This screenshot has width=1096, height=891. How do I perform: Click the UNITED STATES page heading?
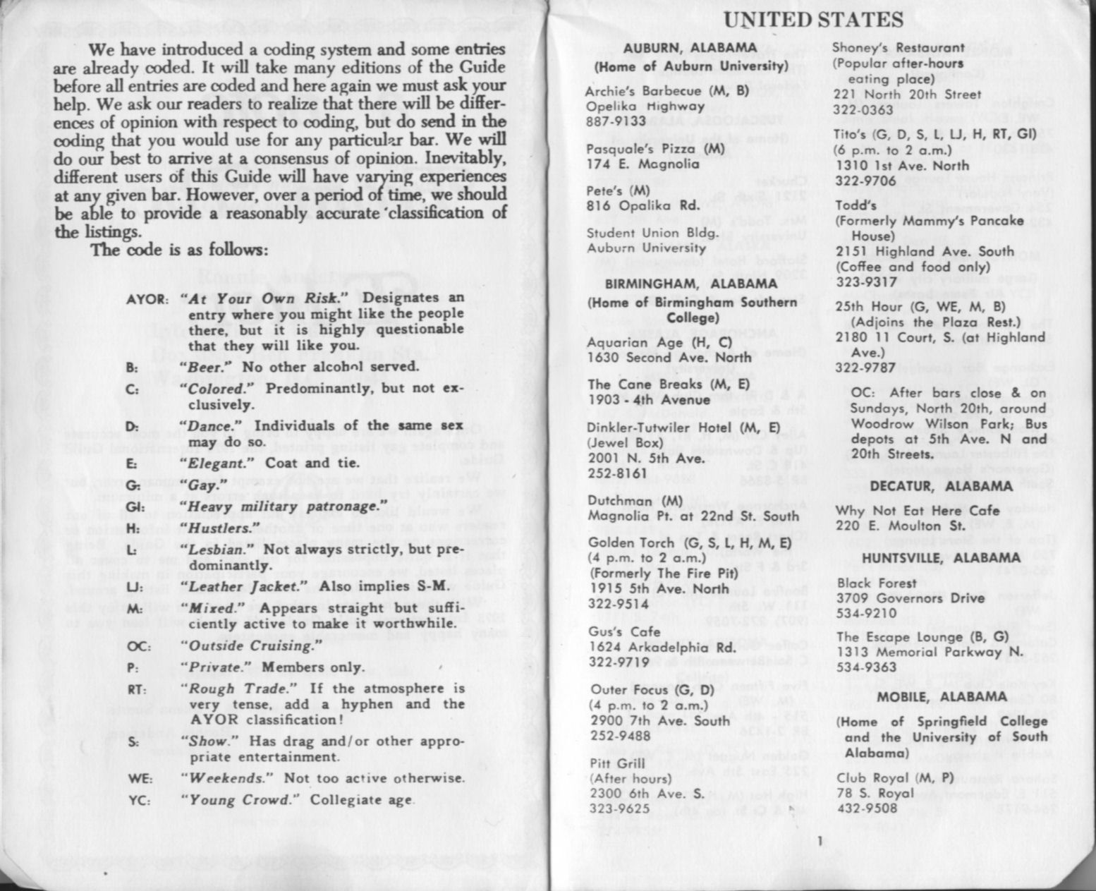(x=813, y=19)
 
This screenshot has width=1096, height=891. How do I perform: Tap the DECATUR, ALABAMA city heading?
(x=941, y=486)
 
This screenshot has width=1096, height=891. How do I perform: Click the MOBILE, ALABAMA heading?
(x=942, y=697)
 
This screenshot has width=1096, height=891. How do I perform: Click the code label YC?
(x=139, y=801)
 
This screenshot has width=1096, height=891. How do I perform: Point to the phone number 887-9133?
(x=616, y=121)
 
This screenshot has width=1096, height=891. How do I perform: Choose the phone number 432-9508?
(x=867, y=808)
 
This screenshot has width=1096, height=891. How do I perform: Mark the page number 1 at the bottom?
(x=819, y=840)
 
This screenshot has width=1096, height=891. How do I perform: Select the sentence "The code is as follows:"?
(x=179, y=250)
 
